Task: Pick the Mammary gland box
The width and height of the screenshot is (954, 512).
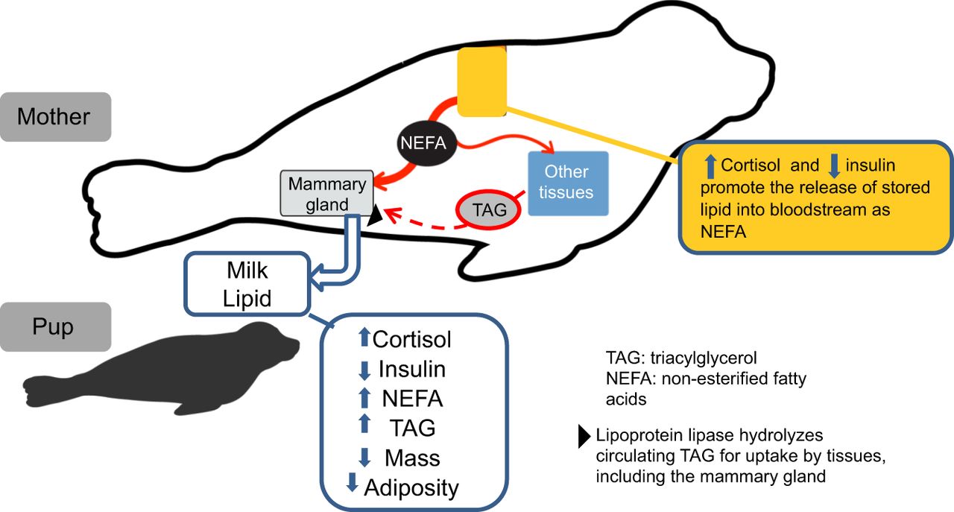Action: click(326, 195)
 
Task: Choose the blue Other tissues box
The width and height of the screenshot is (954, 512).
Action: click(568, 183)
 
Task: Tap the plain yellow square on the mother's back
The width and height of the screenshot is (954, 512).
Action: click(481, 81)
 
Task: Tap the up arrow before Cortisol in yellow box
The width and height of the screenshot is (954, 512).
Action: click(710, 165)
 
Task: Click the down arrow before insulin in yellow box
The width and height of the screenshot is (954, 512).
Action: click(833, 165)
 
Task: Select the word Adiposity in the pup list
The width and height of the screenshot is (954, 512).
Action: click(411, 487)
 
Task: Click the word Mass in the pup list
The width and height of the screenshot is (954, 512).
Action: click(412, 458)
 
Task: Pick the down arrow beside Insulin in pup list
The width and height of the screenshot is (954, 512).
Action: click(364, 369)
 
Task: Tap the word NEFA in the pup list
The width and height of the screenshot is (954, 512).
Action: click(412, 399)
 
